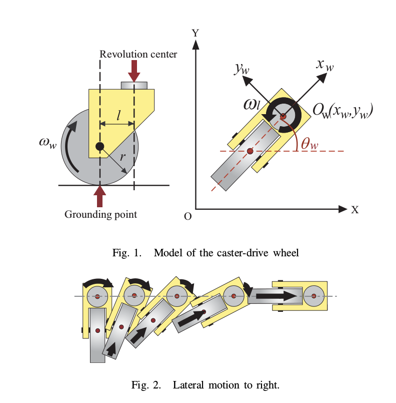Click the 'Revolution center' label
click(138, 54)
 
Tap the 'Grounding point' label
click(100, 215)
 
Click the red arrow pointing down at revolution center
click(134, 71)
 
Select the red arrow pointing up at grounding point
click(100, 196)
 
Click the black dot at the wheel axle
click(100, 146)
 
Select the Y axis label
click(196, 33)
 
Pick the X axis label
click(354, 210)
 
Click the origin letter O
click(187, 216)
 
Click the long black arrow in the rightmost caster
click(277, 296)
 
